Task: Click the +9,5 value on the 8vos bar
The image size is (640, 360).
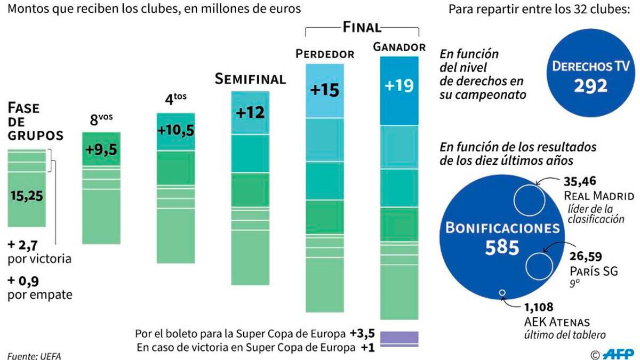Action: point(101,150)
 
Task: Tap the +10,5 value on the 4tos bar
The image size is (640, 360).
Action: point(175,131)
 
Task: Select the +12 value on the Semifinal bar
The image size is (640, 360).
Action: point(251,113)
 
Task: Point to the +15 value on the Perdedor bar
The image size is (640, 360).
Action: point(325,90)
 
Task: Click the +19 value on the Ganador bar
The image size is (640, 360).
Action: point(399,86)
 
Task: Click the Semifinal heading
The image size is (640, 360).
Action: point(250,79)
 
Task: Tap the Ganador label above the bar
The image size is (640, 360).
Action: point(399,47)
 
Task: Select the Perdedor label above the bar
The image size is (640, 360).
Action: point(325,54)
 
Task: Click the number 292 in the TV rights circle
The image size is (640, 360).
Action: point(590,85)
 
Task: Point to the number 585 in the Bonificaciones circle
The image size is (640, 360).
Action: point(502,248)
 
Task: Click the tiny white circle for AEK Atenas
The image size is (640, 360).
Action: point(501,292)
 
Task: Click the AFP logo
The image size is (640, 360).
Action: point(618,354)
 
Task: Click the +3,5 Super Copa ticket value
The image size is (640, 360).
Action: point(363,334)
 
